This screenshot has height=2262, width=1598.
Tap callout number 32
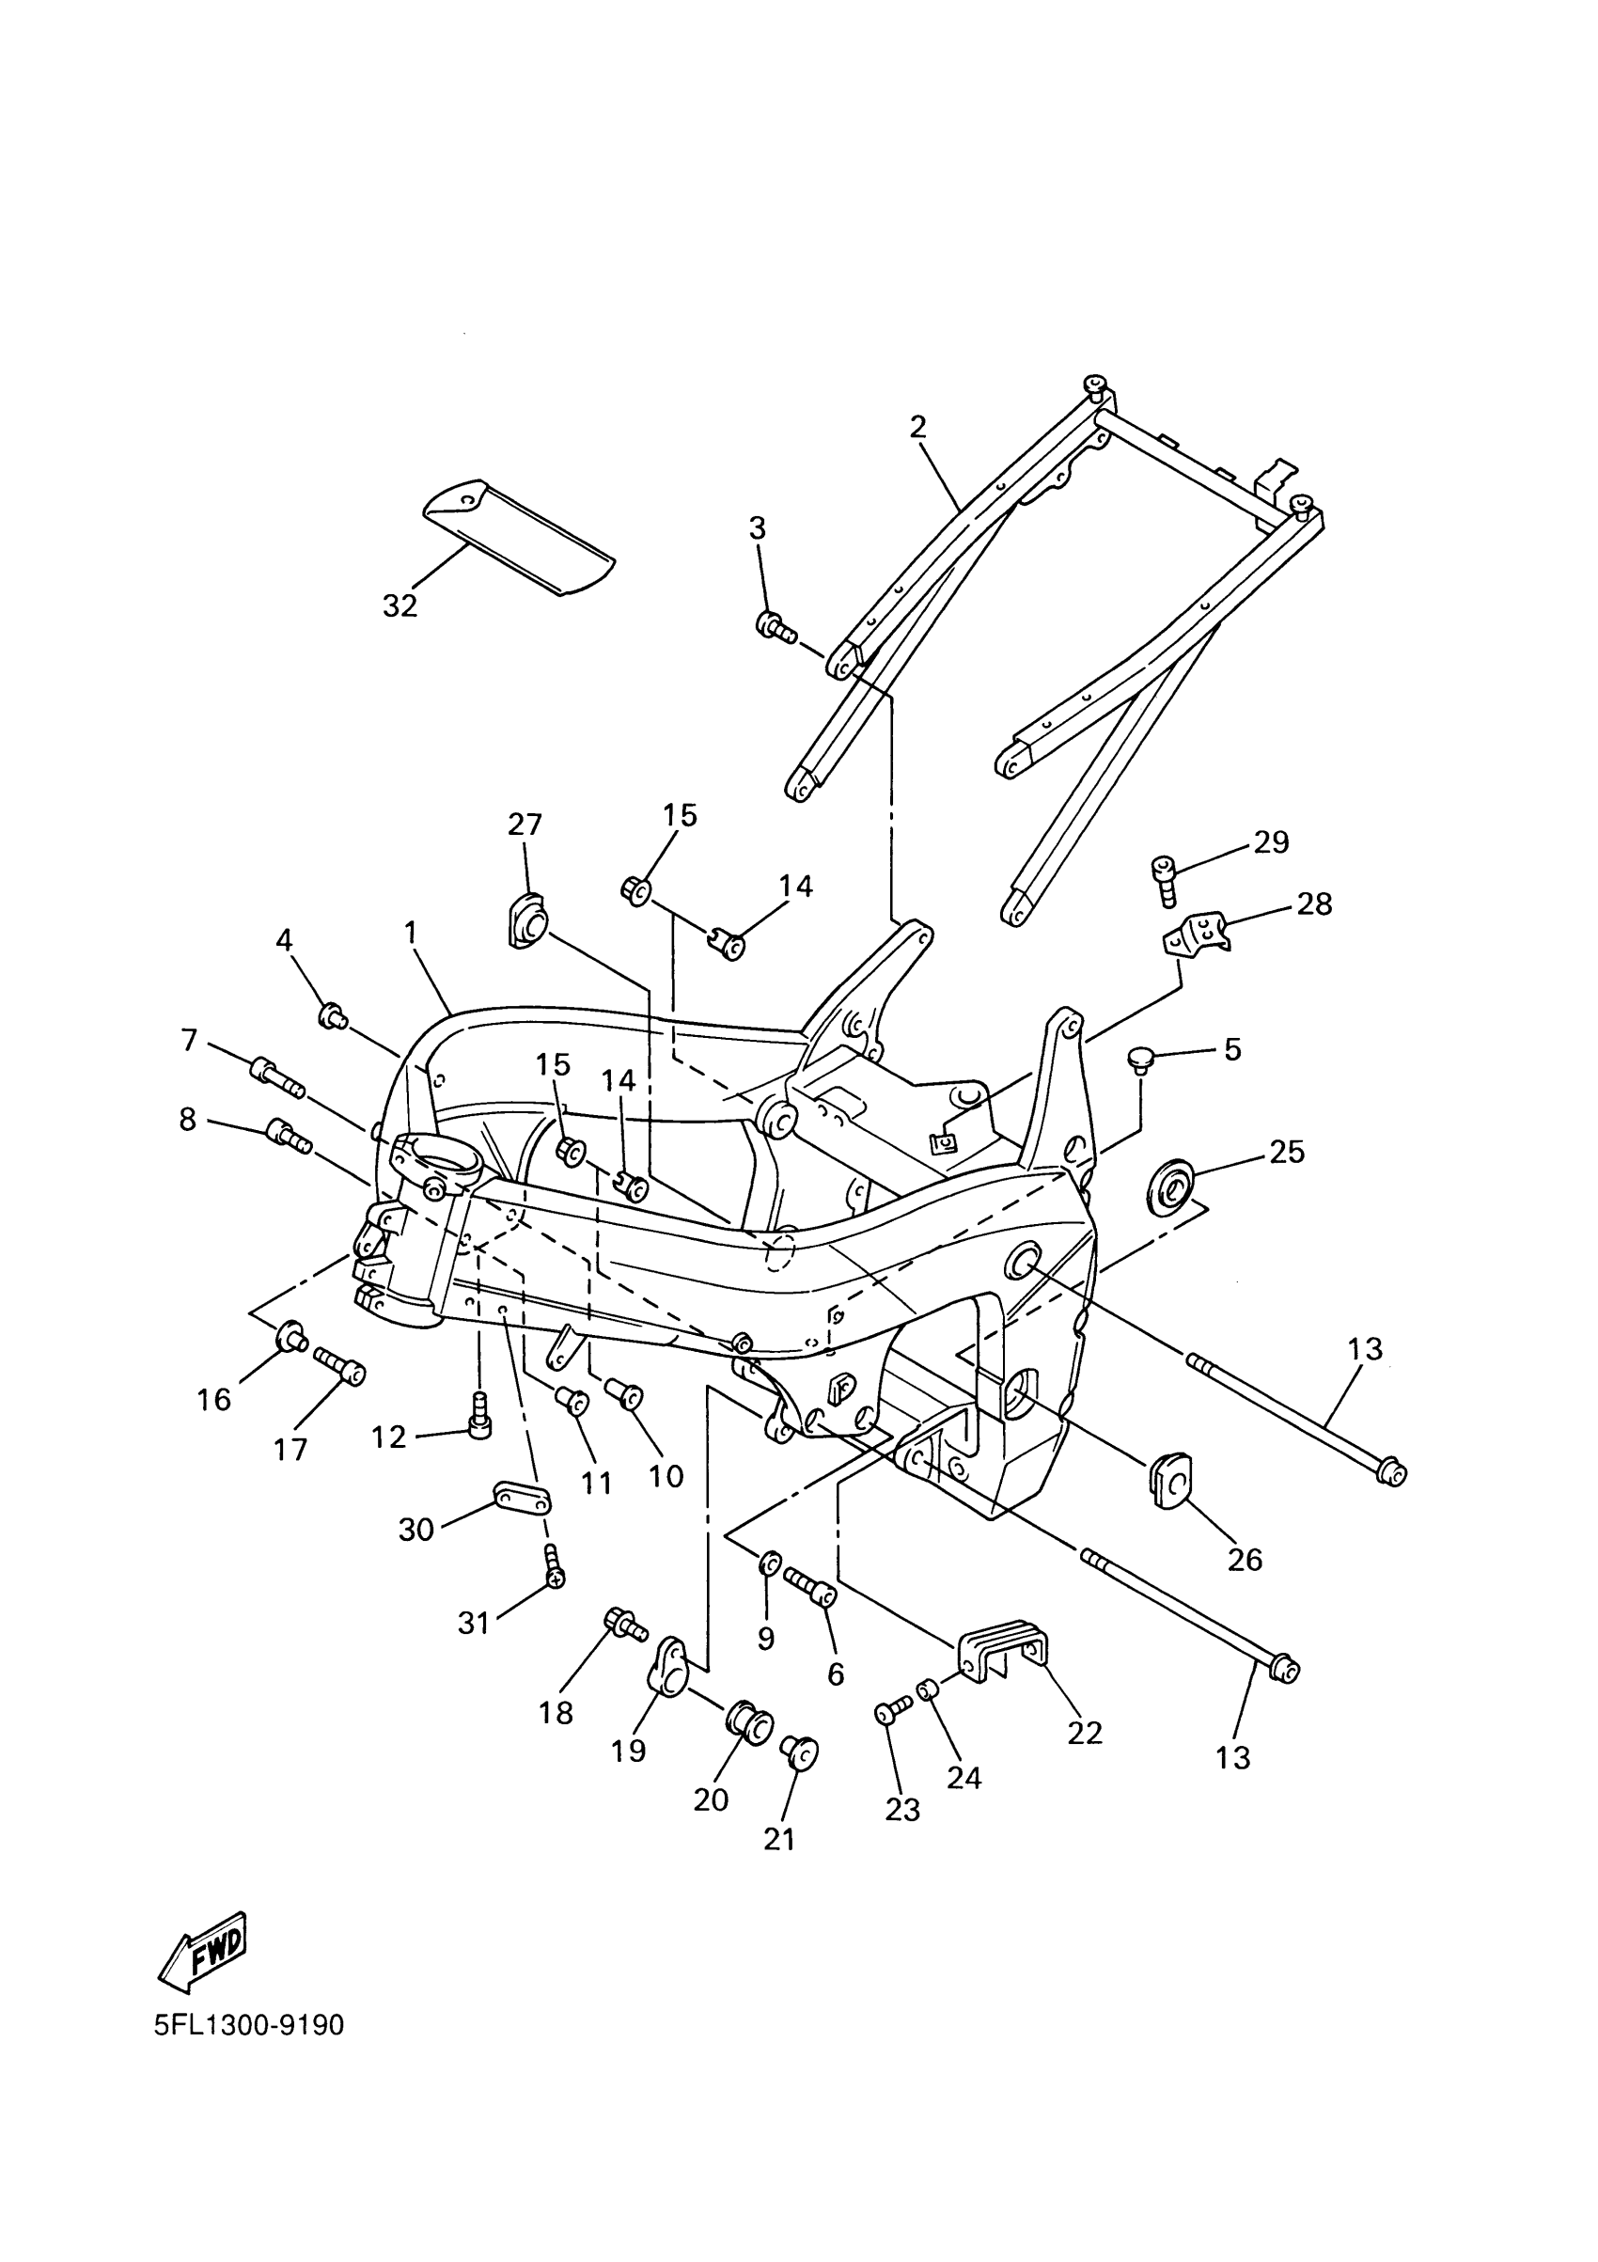click(x=400, y=605)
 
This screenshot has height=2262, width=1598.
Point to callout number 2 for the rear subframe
click(x=917, y=427)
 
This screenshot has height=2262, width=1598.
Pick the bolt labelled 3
click(x=775, y=626)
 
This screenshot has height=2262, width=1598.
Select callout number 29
click(x=1271, y=841)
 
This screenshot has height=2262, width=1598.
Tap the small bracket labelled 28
click(x=1194, y=932)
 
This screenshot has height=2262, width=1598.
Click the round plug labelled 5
click(x=1141, y=1060)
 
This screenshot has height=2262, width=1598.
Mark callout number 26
click(x=1245, y=1559)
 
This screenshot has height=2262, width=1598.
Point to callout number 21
click(x=779, y=1839)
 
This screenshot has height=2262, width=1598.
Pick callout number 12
click(x=389, y=1437)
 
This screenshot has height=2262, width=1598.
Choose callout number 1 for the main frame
click(x=410, y=932)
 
